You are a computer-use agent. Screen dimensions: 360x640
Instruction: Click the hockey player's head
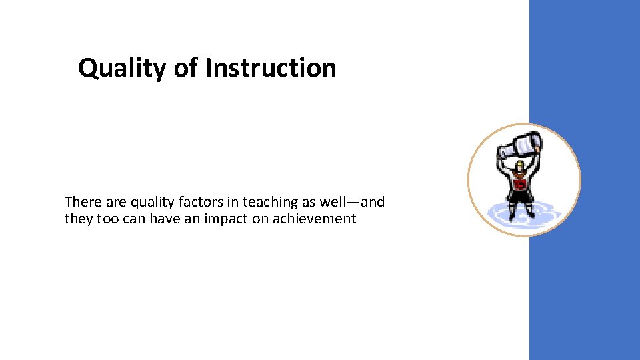pos(519,166)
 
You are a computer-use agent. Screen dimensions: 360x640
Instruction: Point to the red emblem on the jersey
pos(519,183)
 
